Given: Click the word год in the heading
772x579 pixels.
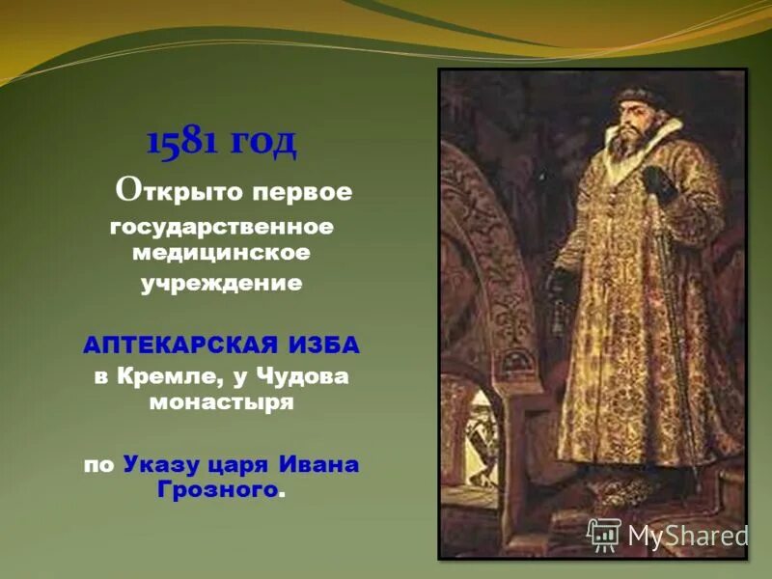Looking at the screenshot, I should pyautogui.click(x=262, y=142).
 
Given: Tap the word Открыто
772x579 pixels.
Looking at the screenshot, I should pyautogui.click(x=180, y=190).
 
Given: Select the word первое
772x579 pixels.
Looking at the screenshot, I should pyautogui.click(x=302, y=191).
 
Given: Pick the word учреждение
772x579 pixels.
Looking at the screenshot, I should pyautogui.click(x=221, y=284).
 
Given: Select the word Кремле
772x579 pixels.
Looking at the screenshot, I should pyautogui.click(x=167, y=377).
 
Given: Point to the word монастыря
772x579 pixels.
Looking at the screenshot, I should pyautogui.click(x=221, y=401).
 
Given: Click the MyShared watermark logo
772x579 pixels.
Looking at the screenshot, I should pyautogui.click(x=668, y=535).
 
